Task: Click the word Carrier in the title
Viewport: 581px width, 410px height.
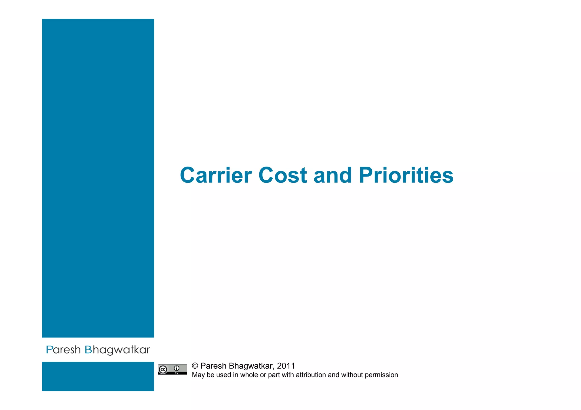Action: click(x=216, y=175)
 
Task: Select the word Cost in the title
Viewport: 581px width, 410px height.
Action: click(x=283, y=175)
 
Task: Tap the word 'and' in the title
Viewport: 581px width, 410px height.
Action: click(x=332, y=175)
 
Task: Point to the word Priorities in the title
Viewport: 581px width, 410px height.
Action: click(x=406, y=175)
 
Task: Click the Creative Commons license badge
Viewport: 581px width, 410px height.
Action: click(x=172, y=369)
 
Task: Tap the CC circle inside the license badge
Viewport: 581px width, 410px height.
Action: click(x=163, y=369)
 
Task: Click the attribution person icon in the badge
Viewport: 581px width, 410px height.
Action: click(x=177, y=368)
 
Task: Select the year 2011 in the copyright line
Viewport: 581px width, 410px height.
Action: click(x=286, y=366)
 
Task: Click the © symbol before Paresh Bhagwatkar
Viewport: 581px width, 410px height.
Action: click(x=195, y=366)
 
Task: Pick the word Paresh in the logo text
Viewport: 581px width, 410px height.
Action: click(x=63, y=350)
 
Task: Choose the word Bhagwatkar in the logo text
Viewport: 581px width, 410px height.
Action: click(x=117, y=350)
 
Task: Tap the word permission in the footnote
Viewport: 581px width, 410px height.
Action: click(x=381, y=375)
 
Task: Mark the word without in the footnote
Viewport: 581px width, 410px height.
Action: click(x=352, y=375)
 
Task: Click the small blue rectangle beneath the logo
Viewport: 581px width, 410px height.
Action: click(x=98, y=376)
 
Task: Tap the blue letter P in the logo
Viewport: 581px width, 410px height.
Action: click(x=49, y=350)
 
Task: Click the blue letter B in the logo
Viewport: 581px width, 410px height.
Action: click(x=88, y=350)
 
